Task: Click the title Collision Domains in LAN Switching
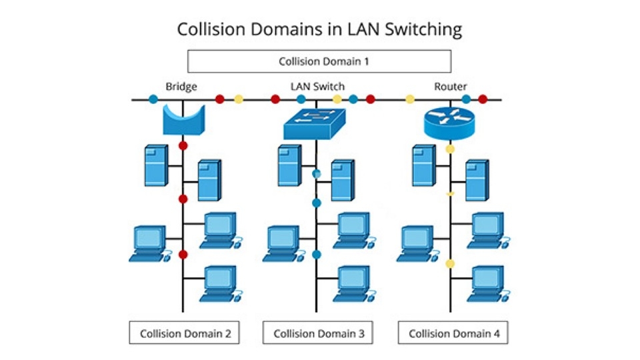click(319, 29)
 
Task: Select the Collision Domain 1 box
click(319, 61)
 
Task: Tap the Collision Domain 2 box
click(185, 333)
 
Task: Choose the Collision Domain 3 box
click(319, 333)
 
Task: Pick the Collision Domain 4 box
click(453, 333)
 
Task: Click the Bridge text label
click(181, 86)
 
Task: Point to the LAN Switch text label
click(317, 86)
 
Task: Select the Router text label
click(451, 86)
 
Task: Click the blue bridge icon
click(184, 119)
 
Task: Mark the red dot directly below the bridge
click(183, 145)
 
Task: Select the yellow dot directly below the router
click(450, 149)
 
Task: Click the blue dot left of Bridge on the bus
click(153, 99)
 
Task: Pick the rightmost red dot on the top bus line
click(483, 99)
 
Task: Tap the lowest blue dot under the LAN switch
click(317, 254)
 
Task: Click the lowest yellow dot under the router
click(450, 264)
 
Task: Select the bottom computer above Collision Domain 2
click(220, 283)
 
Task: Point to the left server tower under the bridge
click(155, 165)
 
